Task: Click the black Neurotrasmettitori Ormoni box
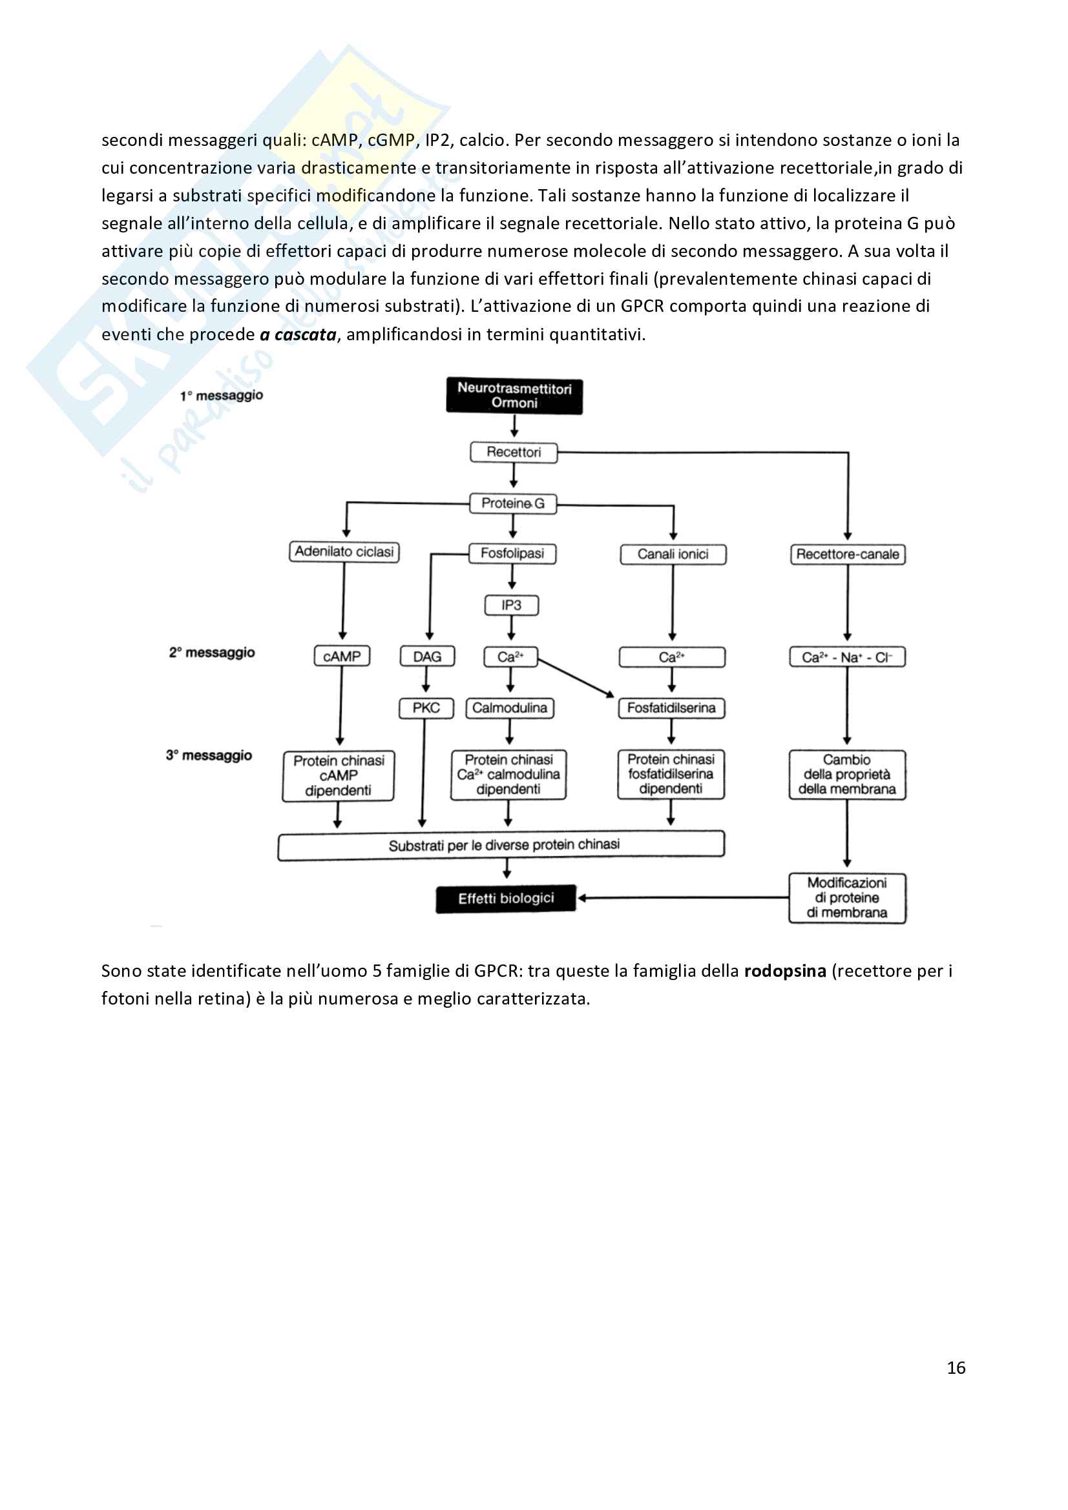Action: (514, 396)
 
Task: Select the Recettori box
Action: (513, 453)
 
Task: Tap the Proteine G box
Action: (512, 504)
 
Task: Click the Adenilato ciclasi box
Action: (344, 552)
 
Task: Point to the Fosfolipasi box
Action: (512, 554)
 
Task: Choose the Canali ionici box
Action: (673, 555)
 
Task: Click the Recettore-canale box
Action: (848, 555)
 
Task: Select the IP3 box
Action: (511, 606)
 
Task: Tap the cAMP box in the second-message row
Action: (342, 657)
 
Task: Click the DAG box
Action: (427, 657)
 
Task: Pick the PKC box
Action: (426, 708)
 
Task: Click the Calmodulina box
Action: (510, 708)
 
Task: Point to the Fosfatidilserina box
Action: (671, 708)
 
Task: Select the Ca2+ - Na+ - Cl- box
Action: (847, 658)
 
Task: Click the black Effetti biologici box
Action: (505, 899)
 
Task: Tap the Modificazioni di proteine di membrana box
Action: (847, 899)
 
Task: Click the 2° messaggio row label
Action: (212, 653)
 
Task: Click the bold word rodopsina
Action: (784, 972)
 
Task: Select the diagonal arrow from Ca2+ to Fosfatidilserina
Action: (575, 677)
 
